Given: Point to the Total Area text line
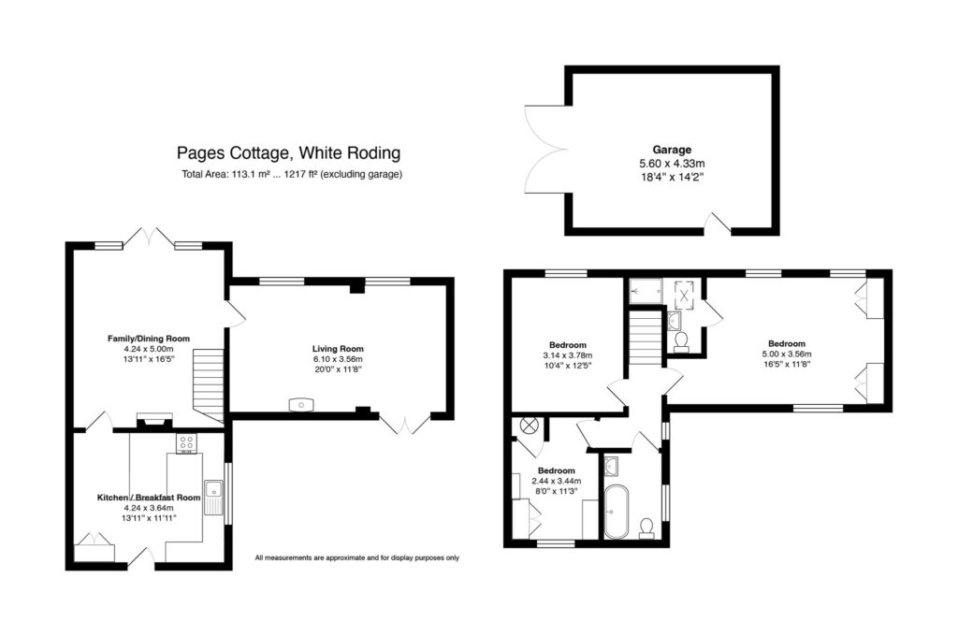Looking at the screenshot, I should tap(292, 175).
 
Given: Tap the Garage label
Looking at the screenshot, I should tap(671, 150).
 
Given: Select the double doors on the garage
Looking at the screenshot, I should tap(545, 150).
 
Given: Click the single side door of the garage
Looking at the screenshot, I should tap(718, 223).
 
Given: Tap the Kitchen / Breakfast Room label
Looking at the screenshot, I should tap(149, 498).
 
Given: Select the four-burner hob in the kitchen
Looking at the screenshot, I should tap(186, 444).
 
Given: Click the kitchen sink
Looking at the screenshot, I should tap(215, 496).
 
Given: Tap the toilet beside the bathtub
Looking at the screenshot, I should tap(646, 529).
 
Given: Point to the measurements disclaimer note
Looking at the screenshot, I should tap(356, 558).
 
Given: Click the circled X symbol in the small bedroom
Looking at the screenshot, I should tap(529, 426).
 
